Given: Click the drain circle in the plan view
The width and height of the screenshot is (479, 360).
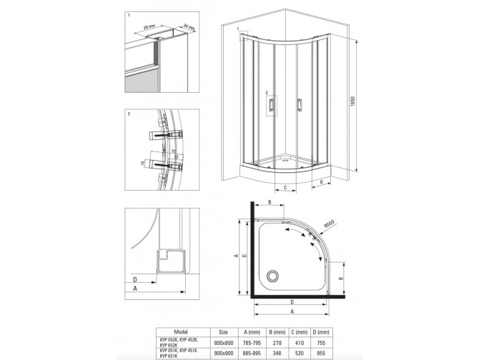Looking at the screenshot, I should tap(272, 276).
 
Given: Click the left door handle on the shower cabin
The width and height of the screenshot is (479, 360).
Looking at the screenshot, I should tap(272, 106).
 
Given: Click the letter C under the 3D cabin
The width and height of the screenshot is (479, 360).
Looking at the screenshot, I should tap(285, 189).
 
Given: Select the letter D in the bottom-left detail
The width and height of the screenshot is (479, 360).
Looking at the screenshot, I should tap(134, 279).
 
